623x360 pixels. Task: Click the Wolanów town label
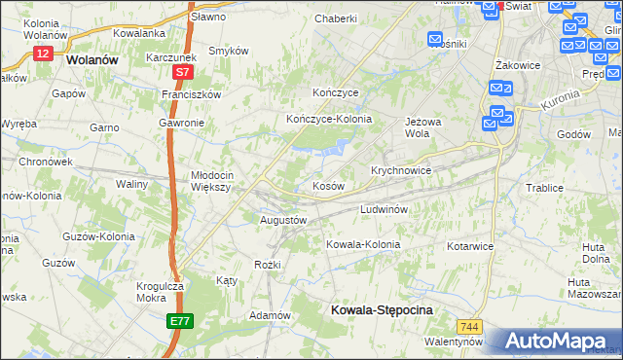(x=92, y=58)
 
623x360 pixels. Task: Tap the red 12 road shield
(x=42, y=54)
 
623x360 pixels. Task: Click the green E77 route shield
(x=180, y=320)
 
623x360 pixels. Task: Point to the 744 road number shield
(x=473, y=327)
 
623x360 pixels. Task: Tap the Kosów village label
(x=328, y=186)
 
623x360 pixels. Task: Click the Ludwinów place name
(x=389, y=209)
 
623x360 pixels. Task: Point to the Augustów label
(x=283, y=221)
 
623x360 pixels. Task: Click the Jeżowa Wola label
(x=418, y=128)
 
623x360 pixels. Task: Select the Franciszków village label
(x=193, y=94)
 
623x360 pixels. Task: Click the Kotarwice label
(x=469, y=246)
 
